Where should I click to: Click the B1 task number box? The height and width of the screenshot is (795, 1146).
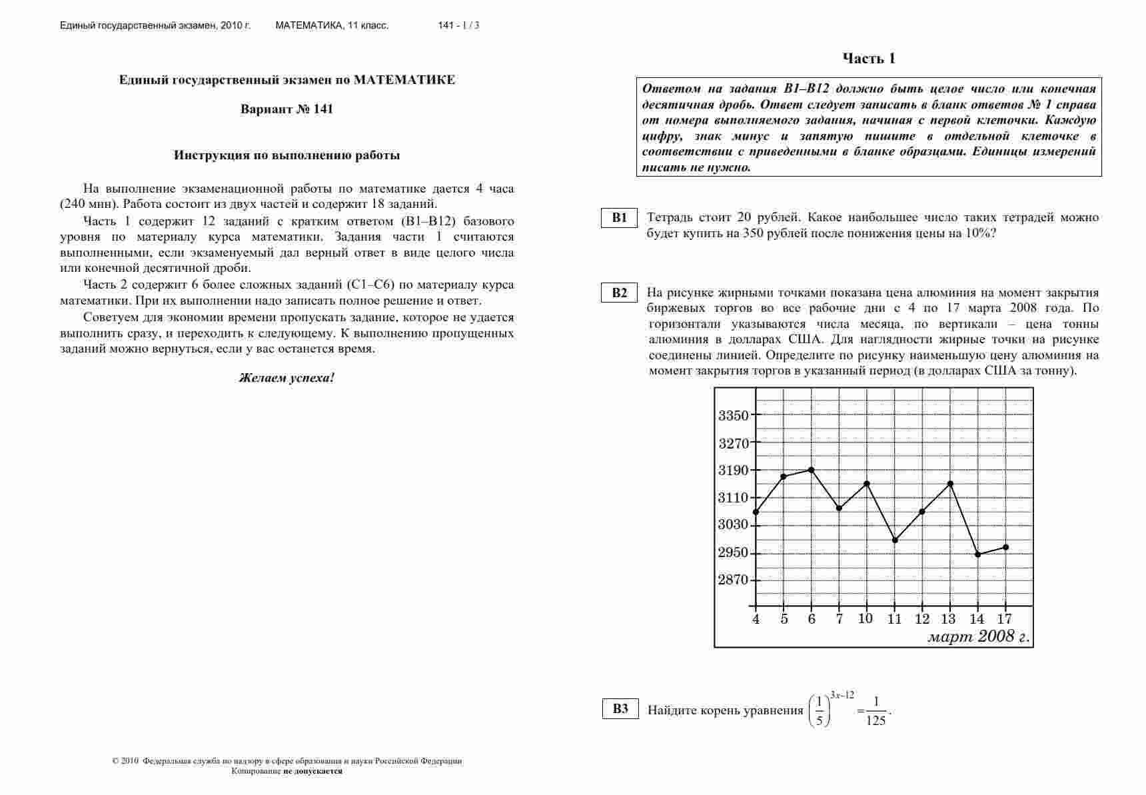pos(620,218)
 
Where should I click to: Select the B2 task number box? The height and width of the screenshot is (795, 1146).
pos(620,293)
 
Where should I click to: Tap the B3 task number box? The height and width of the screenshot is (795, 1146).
pos(620,709)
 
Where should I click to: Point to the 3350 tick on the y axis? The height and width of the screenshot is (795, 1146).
pos(733,416)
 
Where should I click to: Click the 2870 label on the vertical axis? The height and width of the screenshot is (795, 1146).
pos(733,580)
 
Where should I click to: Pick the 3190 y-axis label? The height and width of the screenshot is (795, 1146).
pos(733,470)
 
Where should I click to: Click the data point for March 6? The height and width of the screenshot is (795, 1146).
pos(812,470)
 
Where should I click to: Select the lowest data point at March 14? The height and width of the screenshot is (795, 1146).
pos(977,554)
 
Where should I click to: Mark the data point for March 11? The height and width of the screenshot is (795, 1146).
pos(895,540)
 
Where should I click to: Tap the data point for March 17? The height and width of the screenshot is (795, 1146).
pos(1005,547)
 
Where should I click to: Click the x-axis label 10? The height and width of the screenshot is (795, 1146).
pos(865,619)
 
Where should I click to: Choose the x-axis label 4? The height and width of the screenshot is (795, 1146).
pos(756,619)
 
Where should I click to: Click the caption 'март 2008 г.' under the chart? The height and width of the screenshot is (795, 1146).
pos(978,637)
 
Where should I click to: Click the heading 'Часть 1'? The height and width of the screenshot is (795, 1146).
pos(869,59)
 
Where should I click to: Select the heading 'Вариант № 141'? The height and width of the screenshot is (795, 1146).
pos(286,109)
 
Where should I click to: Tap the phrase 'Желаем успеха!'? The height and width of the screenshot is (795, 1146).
pos(286,379)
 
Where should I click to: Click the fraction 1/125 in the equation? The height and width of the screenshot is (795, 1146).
pos(876,711)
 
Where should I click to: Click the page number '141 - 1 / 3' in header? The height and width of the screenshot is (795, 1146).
pos(458,26)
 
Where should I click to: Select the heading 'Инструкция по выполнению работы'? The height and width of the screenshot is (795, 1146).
pos(287,155)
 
